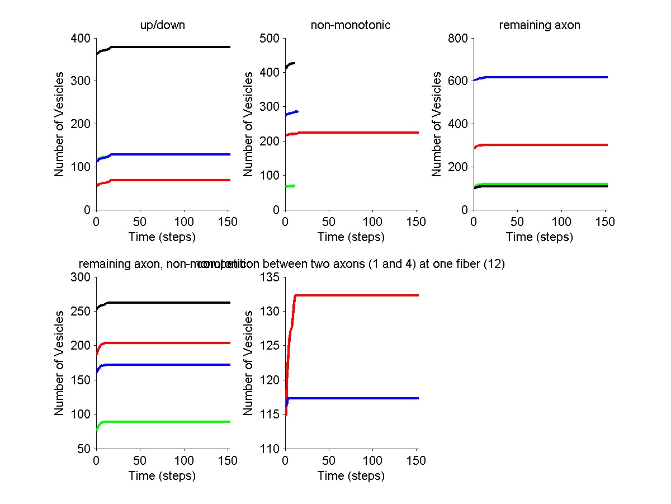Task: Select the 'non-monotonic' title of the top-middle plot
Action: [x=351, y=25]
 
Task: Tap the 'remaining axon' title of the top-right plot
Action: [x=540, y=25]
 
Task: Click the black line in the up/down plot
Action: [x=168, y=47]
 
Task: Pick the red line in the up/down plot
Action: [x=168, y=180]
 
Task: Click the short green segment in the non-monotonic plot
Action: [x=290, y=186]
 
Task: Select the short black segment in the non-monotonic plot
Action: [x=291, y=64]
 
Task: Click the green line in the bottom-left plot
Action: [x=168, y=422]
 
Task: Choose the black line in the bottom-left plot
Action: [x=168, y=303]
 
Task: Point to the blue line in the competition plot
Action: [x=358, y=398]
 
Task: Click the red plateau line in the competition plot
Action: [x=358, y=295]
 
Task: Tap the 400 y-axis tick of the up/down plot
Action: [x=82, y=38]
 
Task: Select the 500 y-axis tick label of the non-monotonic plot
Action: [x=271, y=38]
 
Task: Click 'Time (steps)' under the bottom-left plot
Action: [x=162, y=476]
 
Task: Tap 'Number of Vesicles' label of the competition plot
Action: [x=249, y=362]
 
